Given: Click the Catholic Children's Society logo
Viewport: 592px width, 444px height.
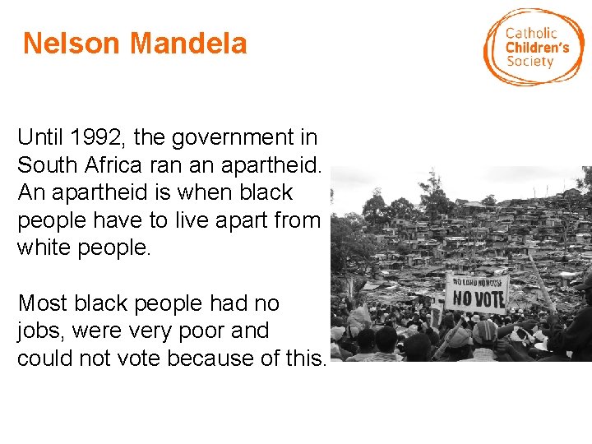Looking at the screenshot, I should click(534, 47).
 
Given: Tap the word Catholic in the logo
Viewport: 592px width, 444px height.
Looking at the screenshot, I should click(530, 33).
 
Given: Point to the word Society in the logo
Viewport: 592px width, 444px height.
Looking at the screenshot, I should click(530, 62).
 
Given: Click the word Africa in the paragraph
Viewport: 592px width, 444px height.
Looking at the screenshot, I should click(112, 164).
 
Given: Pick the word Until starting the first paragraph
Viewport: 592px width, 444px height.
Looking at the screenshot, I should click(39, 137).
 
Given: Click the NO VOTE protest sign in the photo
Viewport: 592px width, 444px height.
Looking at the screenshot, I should click(478, 292).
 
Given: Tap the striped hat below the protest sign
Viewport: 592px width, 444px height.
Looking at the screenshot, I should click(485, 331).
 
